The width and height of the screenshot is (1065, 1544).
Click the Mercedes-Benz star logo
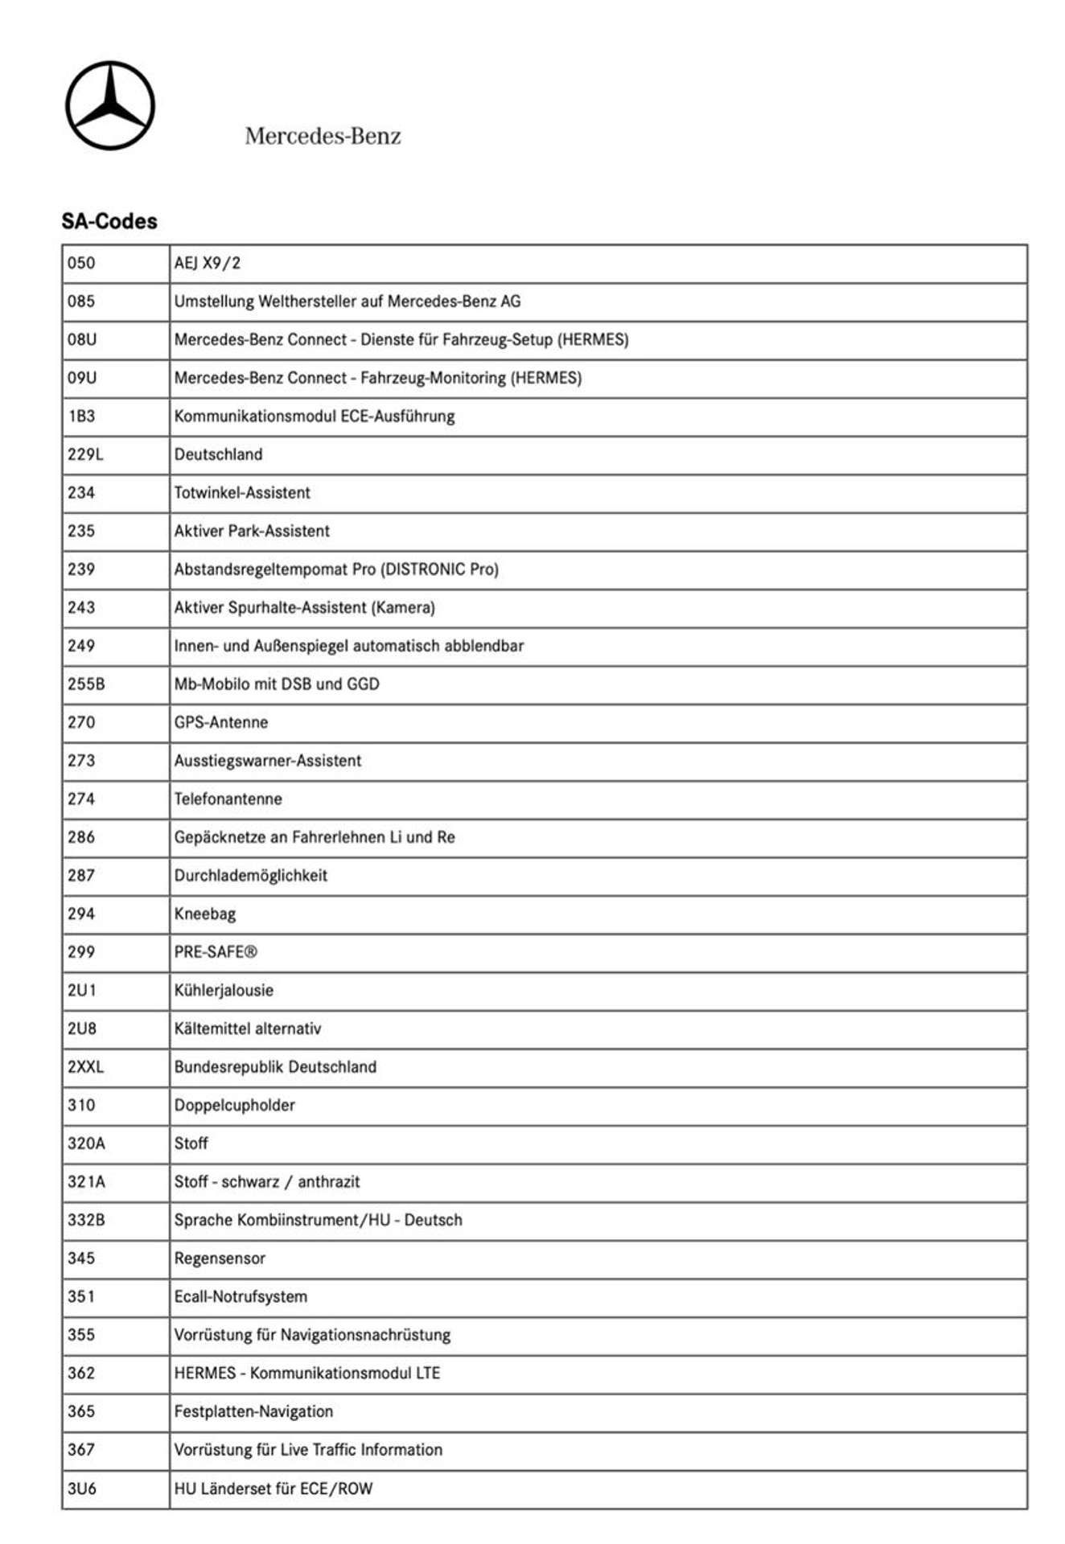(x=110, y=105)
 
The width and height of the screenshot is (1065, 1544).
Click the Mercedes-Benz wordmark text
(x=323, y=136)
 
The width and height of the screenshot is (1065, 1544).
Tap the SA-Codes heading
(x=109, y=221)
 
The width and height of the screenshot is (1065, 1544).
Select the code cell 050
(x=81, y=263)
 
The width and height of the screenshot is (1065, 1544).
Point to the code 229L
(x=85, y=454)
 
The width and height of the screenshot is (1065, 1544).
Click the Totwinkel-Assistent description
(x=242, y=493)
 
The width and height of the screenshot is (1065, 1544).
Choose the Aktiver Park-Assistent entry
(x=252, y=531)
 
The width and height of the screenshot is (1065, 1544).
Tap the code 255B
(x=86, y=684)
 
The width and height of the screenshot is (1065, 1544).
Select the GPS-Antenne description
(x=221, y=722)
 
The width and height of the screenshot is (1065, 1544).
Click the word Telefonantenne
(x=228, y=799)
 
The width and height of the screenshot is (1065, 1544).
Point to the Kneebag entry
(x=205, y=914)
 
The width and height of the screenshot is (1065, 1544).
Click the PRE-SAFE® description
(x=216, y=952)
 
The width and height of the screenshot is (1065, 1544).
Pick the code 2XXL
(x=85, y=1067)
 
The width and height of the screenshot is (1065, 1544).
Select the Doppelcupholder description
(x=235, y=1105)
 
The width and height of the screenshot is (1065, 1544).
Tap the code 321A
(x=86, y=1182)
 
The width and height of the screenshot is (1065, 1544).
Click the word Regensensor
(x=220, y=1259)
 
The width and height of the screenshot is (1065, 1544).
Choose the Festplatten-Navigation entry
(x=253, y=1411)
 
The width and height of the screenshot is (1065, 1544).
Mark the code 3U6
(x=82, y=1489)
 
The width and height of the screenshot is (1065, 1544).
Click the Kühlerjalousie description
(x=224, y=990)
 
